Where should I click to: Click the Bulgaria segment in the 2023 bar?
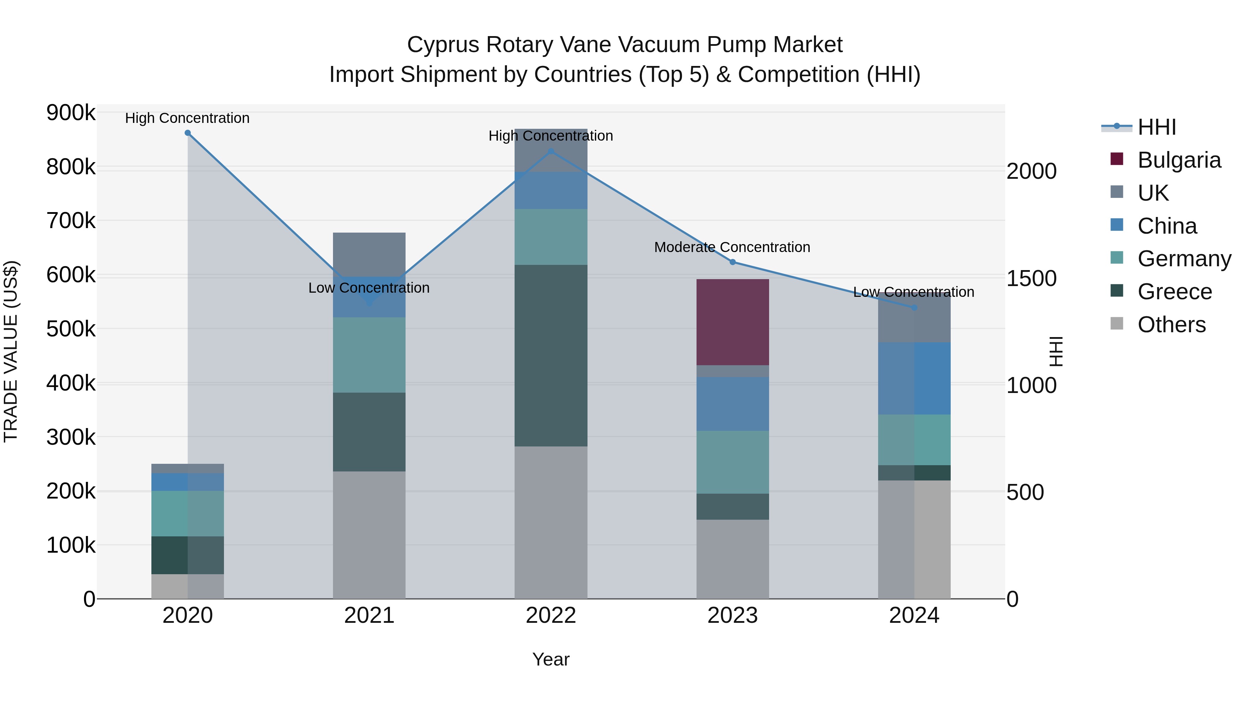tap(732, 322)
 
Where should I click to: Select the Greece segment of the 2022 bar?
tap(551, 355)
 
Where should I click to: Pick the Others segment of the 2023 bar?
tap(732, 559)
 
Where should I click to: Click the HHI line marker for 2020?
tap(188, 133)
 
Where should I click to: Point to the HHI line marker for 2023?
tap(733, 262)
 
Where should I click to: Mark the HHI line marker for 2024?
tap(914, 308)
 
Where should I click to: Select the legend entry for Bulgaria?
tap(1179, 160)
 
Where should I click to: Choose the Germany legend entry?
tap(1184, 259)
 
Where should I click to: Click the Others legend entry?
tap(1172, 325)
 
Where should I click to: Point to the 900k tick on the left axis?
tap(71, 113)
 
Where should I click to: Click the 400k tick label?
tap(71, 383)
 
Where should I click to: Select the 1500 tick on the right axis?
tap(1032, 278)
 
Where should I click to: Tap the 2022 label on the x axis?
tap(551, 616)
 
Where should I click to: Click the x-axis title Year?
tap(551, 659)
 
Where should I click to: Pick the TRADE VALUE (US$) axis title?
tap(11, 351)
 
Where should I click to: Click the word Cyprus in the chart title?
tap(443, 45)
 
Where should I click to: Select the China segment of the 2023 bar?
tap(732, 404)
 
